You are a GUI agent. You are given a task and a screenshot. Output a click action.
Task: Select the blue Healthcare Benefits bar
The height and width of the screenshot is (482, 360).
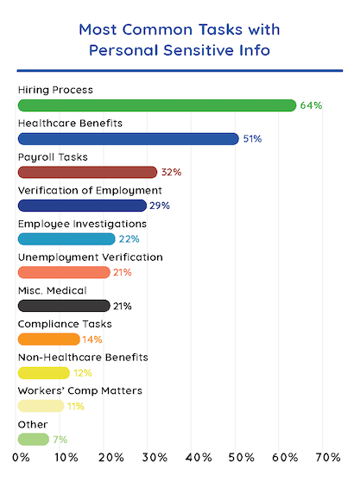[128, 138]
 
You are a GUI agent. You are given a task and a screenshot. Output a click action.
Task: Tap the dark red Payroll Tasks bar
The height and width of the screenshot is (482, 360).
[87, 172]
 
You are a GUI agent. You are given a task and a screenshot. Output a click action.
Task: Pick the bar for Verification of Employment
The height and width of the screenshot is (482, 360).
[82, 206]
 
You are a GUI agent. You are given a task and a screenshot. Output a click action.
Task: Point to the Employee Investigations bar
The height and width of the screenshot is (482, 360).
[66, 239]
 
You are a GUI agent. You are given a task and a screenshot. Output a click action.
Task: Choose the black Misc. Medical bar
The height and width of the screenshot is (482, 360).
[64, 306]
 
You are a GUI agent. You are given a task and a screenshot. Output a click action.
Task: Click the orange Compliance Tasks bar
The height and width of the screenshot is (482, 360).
[48, 339]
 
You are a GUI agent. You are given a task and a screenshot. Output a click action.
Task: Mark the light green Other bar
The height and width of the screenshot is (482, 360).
[33, 439]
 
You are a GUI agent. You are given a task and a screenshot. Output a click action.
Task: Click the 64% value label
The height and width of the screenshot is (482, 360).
[311, 105]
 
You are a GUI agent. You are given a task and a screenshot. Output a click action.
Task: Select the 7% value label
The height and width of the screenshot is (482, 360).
[60, 439]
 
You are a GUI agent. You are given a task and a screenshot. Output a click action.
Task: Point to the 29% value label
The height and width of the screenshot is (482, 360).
[160, 206]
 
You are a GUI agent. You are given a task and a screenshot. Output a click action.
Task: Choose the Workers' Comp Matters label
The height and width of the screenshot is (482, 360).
[68, 390]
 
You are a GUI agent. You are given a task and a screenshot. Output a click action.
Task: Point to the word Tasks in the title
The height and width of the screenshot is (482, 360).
[218, 29]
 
